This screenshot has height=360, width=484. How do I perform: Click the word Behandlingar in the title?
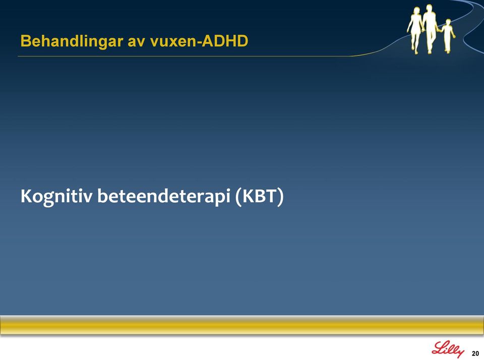tap(72, 41)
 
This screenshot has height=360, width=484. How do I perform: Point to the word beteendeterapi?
tap(163, 197)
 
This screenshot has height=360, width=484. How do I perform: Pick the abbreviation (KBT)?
tap(259, 197)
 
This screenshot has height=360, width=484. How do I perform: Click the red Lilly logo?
tap(448, 350)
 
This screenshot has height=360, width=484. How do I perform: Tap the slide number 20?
tap(475, 353)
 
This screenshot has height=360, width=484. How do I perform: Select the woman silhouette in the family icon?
tap(415, 30)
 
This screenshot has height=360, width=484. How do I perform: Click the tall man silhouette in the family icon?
tap(430, 28)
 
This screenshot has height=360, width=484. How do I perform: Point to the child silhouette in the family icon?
tap(448, 35)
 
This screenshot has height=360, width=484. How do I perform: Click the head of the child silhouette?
tap(448, 22)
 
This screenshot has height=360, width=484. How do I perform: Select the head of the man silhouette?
tap(429, 8)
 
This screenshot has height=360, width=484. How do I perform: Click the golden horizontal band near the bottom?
tap(242, 325)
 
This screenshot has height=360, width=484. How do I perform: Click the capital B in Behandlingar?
tap(26, 41)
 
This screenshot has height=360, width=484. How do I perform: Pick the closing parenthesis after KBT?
tap(280, 197)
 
